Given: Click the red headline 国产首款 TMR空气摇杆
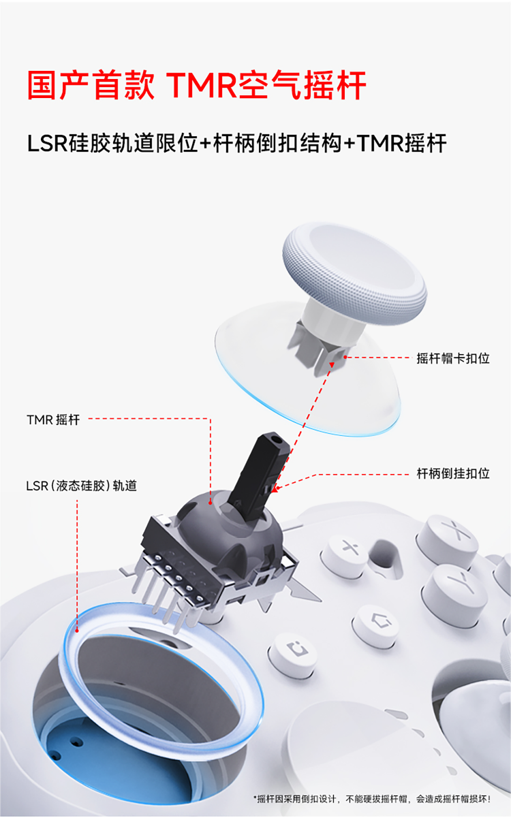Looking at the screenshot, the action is pyautogui.click(x=197, y=85).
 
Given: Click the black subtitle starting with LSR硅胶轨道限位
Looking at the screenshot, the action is pyautogui.click(x=236, y=143).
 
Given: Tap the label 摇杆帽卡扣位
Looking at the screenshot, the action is pyautogui.click(x=453, y=358).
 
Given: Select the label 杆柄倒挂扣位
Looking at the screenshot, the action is pyautogui.click(x=453, y=473).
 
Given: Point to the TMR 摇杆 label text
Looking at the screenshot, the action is pyautogui.click(x=53, y=420).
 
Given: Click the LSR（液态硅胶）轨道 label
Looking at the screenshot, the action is pyautogui.click(x=81, y=486).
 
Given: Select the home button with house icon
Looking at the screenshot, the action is pyautogui.click(x=376, y=627).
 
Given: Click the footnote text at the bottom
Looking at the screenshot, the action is pyautogui.click(x=372, y=799).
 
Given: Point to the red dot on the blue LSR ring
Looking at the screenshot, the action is pyautogui.click(x=77, y=631).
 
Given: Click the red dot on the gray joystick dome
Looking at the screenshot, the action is pyautogui.click(x=211, y=503).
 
